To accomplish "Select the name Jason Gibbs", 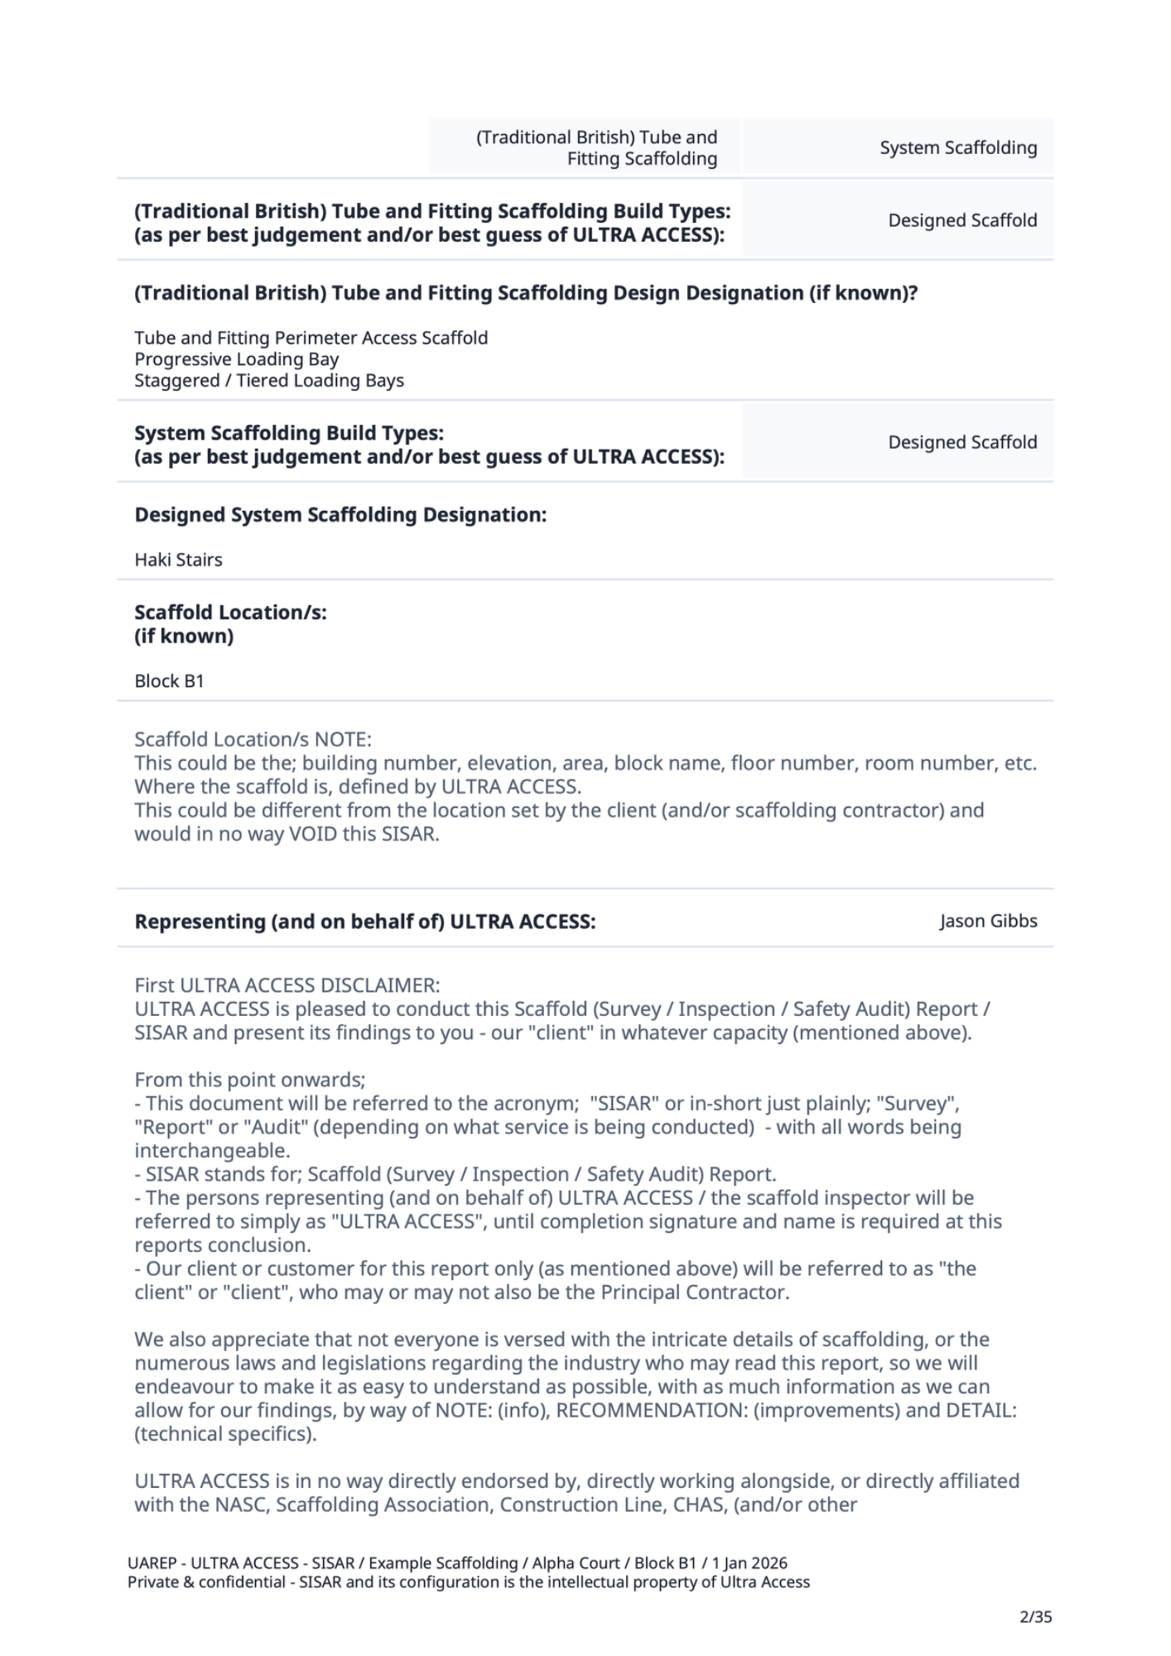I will click(x=988, y=921).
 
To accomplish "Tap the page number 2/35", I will click(x=1035, y=1616).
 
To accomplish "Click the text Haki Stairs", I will click(x=178, y=560).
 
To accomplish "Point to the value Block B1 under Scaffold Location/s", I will click(x=169, y=681).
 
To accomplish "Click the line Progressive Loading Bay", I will click(x=236, y=359).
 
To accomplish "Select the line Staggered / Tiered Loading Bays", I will click(x=269, y=381).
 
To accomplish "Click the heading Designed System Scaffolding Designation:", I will click(x=340, y=515).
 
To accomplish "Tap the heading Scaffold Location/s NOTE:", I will click(x=253, y=739).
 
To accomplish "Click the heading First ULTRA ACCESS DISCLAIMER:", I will click(x=287, y=985).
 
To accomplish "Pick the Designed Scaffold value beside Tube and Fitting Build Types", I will click(x=962, y=220).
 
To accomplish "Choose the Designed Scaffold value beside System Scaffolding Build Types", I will click(x=962, y=442).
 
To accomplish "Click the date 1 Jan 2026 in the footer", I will click(x=749, y=1563).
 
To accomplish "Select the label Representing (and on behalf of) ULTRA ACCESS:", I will click(x=364, y=922).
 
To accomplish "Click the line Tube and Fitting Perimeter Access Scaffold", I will click(x=311, y=338).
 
